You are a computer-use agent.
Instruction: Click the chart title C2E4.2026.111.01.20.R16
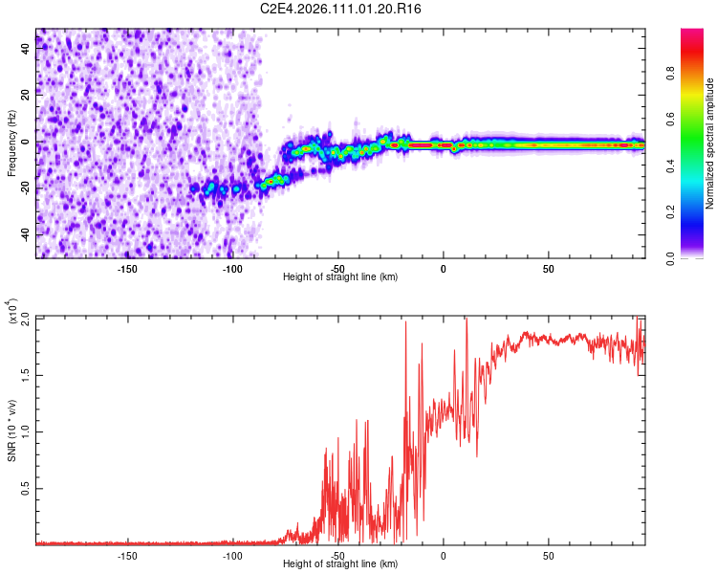pos(341,9)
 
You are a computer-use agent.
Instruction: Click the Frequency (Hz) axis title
pos(11,143)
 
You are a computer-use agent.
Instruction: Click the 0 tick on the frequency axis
pos(27,142)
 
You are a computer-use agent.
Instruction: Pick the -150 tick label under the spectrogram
pos(127,269)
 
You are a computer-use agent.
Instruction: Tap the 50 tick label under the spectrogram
pos(549,269)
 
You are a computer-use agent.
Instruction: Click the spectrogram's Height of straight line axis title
pos(340,277)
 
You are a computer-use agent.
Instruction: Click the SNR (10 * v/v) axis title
pos(11,430)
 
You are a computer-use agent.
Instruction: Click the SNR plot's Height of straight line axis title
pos(340,564)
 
